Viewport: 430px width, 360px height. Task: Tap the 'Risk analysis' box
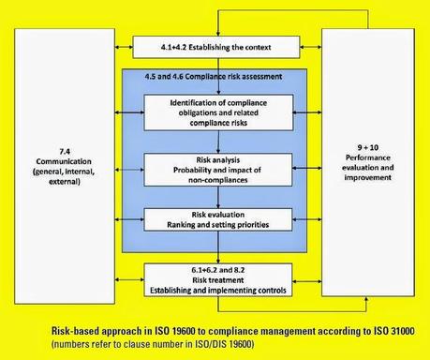click(x=215, y=171)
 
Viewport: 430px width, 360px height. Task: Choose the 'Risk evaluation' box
click(x=215, y=219)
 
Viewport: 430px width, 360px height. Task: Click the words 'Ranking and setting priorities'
click(x=215, y=225)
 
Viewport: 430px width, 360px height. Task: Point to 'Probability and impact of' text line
click(x=215, y=171)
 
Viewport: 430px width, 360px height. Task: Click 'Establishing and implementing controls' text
click(x=215, y=288)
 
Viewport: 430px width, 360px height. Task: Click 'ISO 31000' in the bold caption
click(x=394, y=331)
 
